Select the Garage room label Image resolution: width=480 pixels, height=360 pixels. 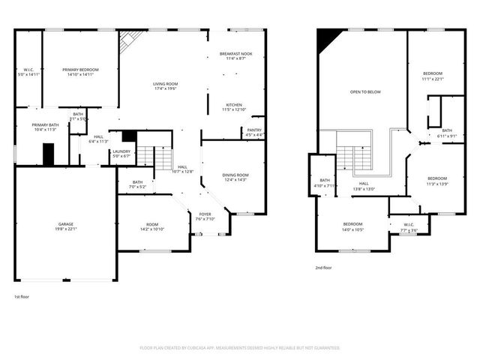(x=67, y=226)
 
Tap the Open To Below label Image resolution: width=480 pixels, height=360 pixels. (x=365, y=91)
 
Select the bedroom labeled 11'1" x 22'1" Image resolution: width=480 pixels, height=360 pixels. (x=433, y=76)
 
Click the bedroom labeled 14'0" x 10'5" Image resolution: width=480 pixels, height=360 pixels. (x=353, y=226)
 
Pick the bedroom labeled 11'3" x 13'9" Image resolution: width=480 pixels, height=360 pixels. (x=436, y=160)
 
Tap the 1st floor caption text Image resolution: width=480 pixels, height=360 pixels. (x=22, y=297)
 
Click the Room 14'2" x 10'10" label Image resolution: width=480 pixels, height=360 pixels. (x=152, y=226)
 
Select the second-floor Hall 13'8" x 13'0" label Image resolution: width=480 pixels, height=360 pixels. (x=364, y=185)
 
